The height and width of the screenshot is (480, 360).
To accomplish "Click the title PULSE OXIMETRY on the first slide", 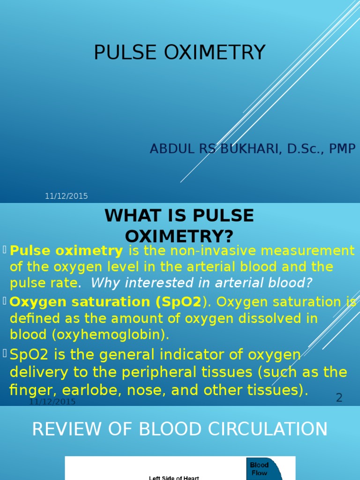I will [180, 52].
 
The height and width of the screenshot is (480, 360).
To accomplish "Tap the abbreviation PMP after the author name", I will [342, 149].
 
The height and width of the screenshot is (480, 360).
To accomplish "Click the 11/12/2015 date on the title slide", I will [66, 196].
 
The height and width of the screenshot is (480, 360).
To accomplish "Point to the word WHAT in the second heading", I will [127, 216].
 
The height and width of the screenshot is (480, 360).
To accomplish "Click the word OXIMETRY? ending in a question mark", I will [180, 236].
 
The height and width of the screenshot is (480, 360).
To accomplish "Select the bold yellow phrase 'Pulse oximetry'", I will [67, 251].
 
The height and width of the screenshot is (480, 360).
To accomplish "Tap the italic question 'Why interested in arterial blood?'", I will [202, 283].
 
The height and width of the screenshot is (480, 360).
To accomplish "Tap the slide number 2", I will [339, 398].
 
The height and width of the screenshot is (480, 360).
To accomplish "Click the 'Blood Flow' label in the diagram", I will [259, 469].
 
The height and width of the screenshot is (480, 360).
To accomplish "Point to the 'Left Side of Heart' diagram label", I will [174, 478].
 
